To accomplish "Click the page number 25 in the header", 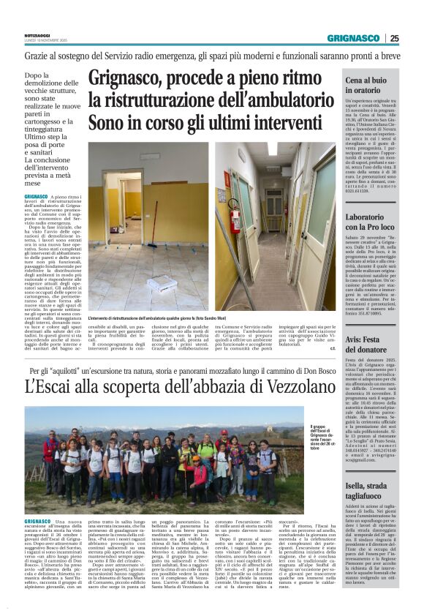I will [x=414, y=39].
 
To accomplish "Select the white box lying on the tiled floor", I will [x=162, y=283].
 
